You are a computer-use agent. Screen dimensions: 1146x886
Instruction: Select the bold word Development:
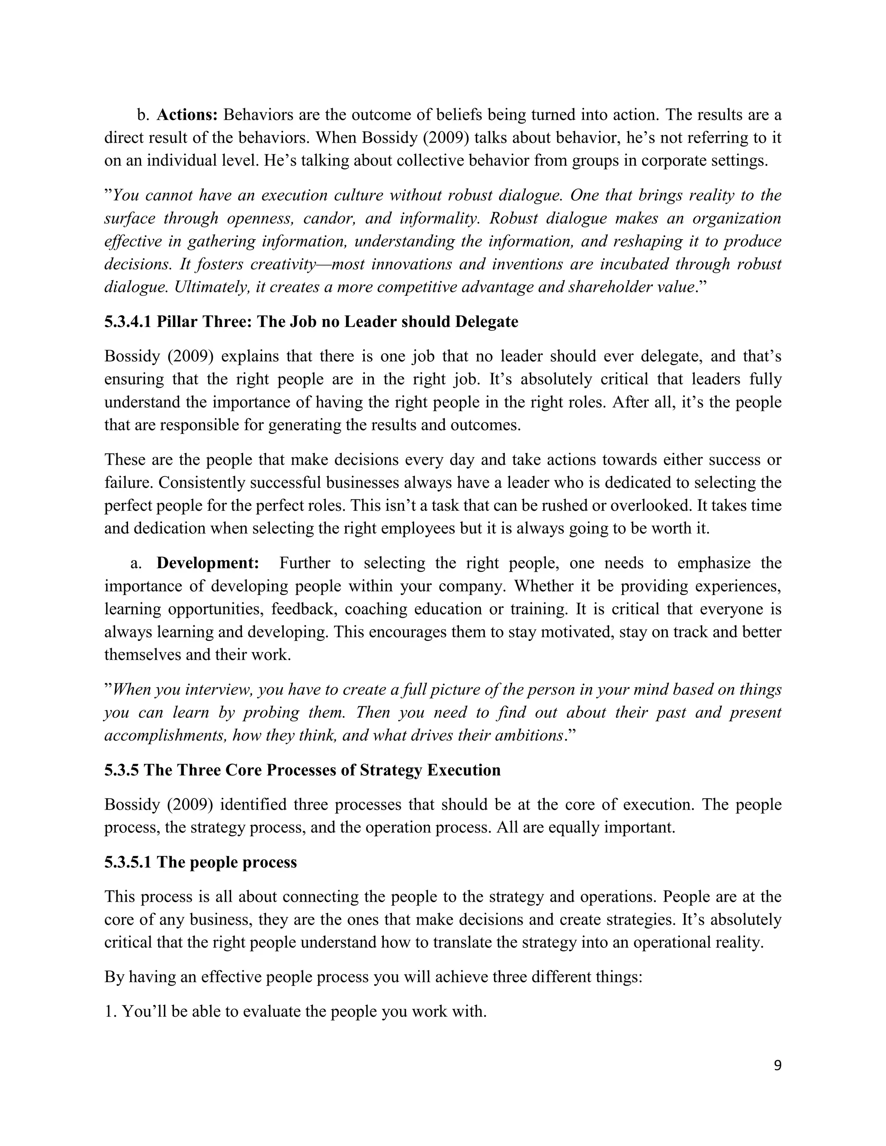pos(208,563)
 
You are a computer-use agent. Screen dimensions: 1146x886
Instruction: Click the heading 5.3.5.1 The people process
pos(200,862)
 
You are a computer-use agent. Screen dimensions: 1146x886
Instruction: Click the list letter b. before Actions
pos(143,115)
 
